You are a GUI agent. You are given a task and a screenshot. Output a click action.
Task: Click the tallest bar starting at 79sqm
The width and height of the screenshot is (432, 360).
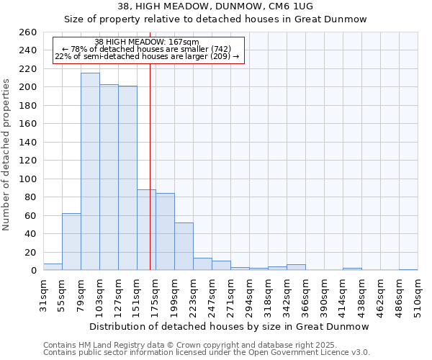click(90, 171)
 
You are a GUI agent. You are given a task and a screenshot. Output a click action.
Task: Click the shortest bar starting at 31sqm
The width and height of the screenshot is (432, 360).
click(53, 267)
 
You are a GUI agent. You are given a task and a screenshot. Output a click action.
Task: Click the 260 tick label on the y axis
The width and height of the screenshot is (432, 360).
click(27, 32)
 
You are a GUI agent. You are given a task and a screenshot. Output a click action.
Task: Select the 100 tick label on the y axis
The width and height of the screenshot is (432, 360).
click(27, 179)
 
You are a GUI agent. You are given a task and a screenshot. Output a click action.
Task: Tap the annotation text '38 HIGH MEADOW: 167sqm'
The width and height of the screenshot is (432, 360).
click(147, 42)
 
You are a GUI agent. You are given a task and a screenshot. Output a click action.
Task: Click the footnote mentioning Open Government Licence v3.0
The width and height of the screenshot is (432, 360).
click(207, 353)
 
